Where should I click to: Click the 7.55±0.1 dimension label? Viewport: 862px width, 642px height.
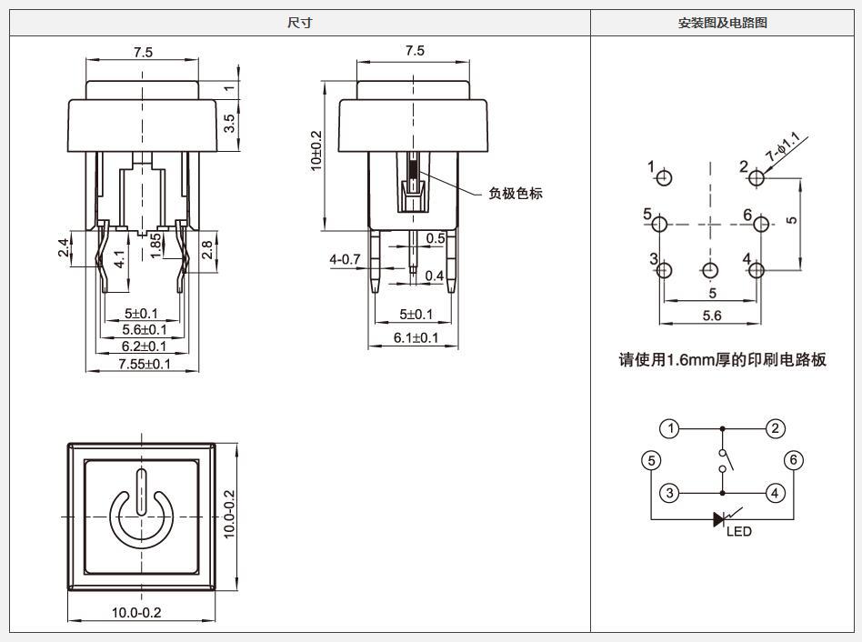(145, 364)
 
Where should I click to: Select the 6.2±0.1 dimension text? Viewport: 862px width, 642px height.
(144, 346)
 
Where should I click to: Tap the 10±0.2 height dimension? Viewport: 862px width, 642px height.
(316, 151)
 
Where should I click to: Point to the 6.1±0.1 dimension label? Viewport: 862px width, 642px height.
(416, 337)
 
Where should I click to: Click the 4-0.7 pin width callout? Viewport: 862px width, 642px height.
(345, 259)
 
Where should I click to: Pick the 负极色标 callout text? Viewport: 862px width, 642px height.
(516, 193)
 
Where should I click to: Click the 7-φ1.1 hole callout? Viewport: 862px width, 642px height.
(783, 146)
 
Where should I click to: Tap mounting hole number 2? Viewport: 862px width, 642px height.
(757, 178)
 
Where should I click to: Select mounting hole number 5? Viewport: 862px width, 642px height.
(660, 225)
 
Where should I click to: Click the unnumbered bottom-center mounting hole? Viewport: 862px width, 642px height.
(710, 270)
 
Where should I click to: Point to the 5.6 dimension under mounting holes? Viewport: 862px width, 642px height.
(711, 316)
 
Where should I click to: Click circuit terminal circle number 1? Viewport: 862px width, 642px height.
(669, 428)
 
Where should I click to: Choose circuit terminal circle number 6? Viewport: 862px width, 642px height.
(793, 460)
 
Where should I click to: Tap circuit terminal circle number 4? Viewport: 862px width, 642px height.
(775, 493)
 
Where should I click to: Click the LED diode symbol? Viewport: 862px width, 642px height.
(720, 519)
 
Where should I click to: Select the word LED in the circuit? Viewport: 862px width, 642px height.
(739, 532)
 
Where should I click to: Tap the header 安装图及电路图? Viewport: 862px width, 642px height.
(722, 23)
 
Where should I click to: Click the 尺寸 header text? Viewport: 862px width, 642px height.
(300, 23)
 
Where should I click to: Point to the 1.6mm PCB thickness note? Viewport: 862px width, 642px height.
(722, 360)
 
